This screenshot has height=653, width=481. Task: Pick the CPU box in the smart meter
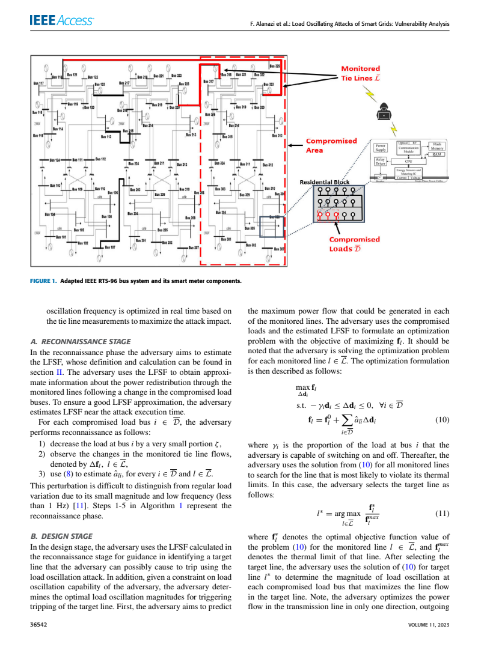[408, 161]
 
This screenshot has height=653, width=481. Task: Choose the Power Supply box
[381, 147]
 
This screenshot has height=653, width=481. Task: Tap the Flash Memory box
[437, 146]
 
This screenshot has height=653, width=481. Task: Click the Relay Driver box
[381, 161]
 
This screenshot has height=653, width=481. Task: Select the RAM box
[437, 154]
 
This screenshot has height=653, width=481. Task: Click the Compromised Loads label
[354, 244]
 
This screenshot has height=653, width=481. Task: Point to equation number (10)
[441, 420]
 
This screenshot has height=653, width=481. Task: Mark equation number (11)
[441, 514]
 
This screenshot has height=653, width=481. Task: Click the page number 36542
[39, 625]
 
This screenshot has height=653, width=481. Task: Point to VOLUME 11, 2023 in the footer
[429, 625]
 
